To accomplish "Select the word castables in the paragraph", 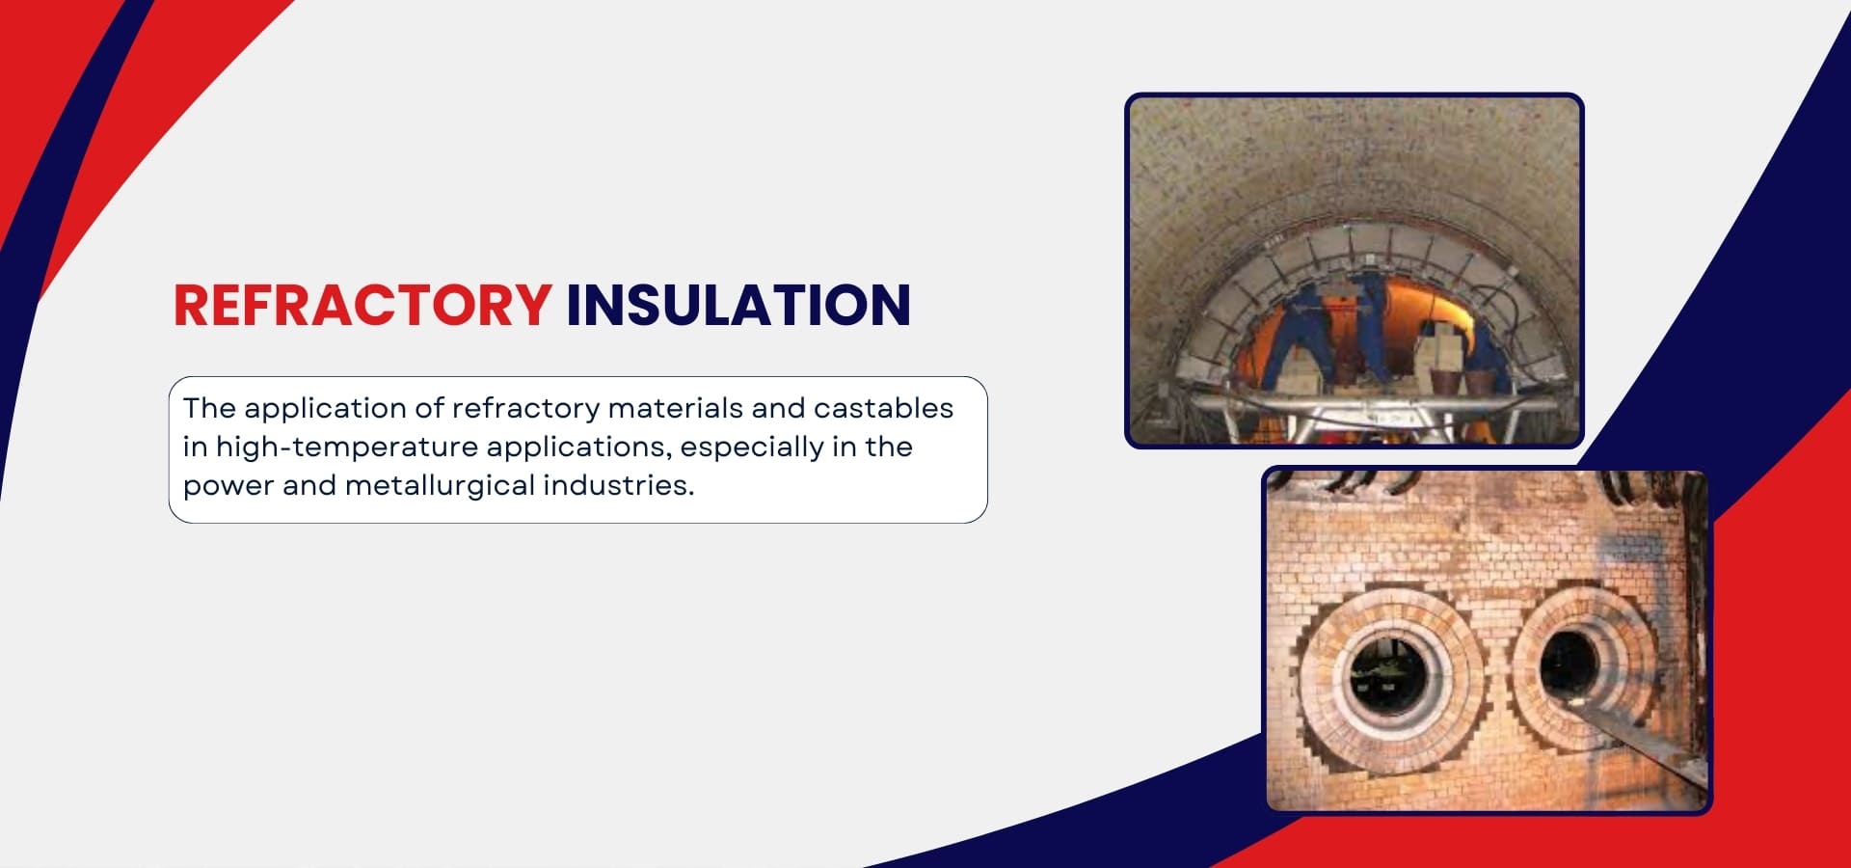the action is coord(883,408).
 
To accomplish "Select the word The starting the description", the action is coord(209,408).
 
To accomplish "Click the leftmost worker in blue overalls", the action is coord(1292,333).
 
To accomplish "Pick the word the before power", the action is coord(888,447).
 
